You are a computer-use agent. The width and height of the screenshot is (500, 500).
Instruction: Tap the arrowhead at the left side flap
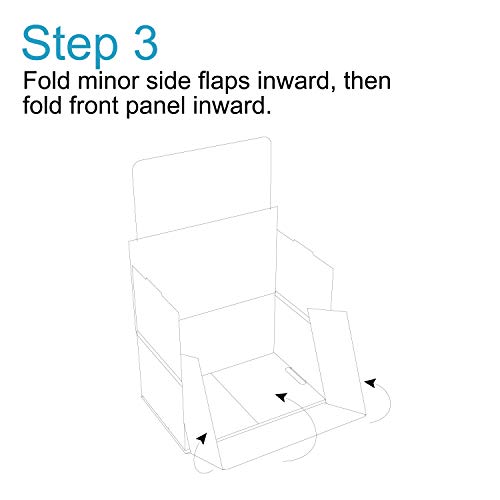pos(203,437)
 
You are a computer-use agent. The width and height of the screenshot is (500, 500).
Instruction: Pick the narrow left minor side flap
pos(198,400)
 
